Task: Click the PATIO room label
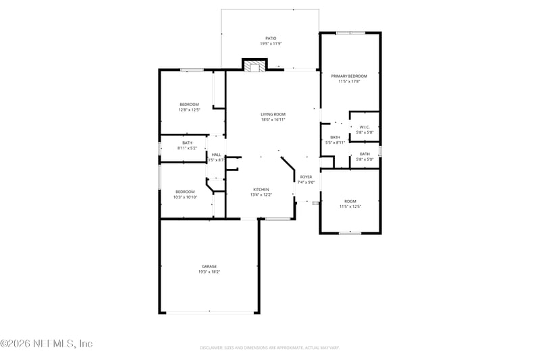tap(271, 38)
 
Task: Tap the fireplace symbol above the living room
tap(254, 66)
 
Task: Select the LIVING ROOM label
tap(273, 114)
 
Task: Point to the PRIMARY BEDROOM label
tap(349, 76)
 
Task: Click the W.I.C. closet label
tap(364, 127)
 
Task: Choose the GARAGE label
tap(209, 266)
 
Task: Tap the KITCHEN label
tap(261, 189)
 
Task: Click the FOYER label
tap(306, 176)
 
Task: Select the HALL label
tap(217, 155)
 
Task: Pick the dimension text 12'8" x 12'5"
tap(189, 109)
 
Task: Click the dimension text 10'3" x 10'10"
tap(185, 197)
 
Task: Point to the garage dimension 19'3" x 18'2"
tap(209, 272)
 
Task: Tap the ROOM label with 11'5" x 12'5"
tap(350, 201)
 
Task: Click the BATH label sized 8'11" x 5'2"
tap(187, 143)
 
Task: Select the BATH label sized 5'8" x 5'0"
tap(364, 154)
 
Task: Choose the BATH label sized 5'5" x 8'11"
tap(335, 137)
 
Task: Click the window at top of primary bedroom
tap(350, 32)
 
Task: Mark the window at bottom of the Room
tap(350, 233)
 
